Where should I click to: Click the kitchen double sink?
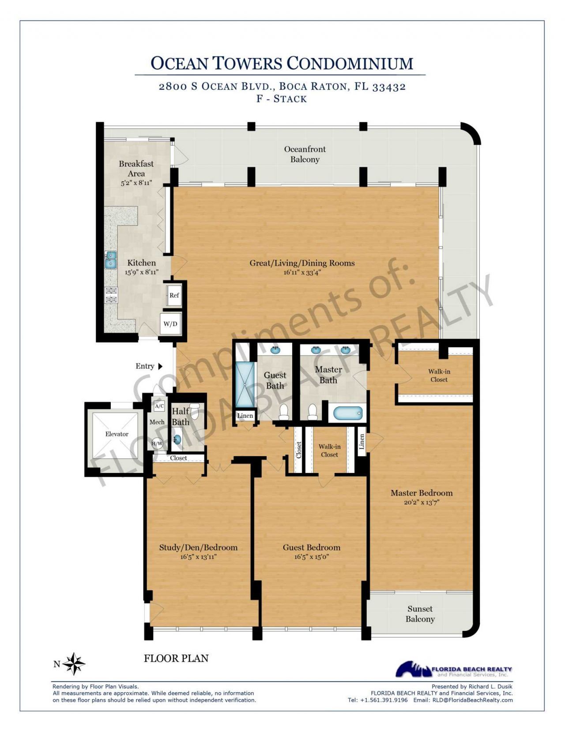(x=110, y=260)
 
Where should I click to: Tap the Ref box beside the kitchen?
(x=174, y=295)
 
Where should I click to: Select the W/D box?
(x=170, y=324)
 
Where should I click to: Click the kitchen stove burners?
(x=111, y=295)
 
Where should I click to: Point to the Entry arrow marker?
(x=160, y=366)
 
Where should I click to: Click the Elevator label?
(x=117, y=434)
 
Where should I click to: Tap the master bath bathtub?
(x=347, y=413)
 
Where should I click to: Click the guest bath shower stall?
(x=242, y=384)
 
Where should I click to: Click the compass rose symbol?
(x=73, y=664)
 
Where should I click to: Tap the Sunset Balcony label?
(x=420, y=614)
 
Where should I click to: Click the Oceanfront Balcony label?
(x=305, y=154)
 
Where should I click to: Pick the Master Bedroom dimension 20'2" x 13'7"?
(x=421, y=502)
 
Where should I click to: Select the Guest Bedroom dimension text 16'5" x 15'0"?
(x=311, y=557)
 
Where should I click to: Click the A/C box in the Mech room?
(x=159, y=406)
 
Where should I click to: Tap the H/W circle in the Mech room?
(x=157, y=443)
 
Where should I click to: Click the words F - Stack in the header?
(x=282, y=98)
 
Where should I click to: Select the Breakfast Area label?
(x=136, y=169)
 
